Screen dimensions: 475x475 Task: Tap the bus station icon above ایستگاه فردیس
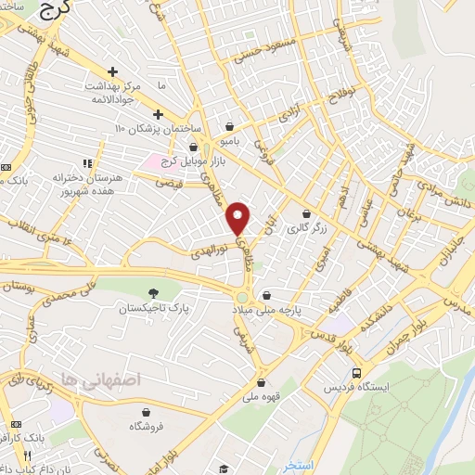click(356, 373)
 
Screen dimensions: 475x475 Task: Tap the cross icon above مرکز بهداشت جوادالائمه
click(112, 71)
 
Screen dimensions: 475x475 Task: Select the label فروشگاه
click(148, 425)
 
